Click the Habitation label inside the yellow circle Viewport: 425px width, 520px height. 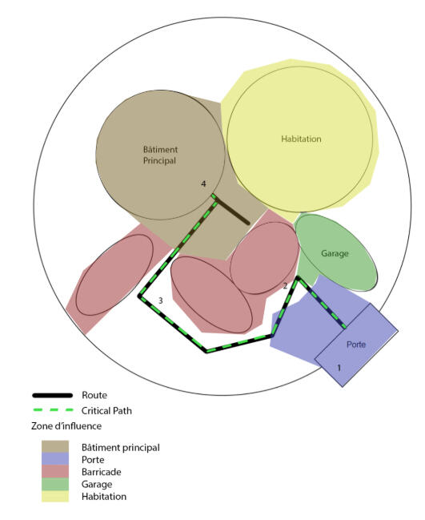click(x=301, y=139)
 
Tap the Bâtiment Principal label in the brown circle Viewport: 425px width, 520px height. click(x=160, y=155)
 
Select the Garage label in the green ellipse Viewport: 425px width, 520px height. click(x=335, y=254)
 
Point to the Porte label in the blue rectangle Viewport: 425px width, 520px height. click(x=356, y=345)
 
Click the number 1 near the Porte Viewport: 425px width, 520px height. click(x=339, y=368)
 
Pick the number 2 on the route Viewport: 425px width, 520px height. click(x=285, y=285)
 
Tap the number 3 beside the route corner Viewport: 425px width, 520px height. click(x=161, y=300)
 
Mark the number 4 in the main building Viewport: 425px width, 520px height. click(x=204, y=183)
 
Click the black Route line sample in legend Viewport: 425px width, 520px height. click(x=52, y=395)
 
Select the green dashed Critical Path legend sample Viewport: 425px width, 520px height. click(x=53, y=410)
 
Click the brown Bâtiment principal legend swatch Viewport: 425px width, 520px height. click(x=55, y=446)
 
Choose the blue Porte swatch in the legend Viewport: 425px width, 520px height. click(x=55, y=458)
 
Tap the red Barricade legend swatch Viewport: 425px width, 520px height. click(x=55, y=471)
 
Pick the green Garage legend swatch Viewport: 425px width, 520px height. click(x=55, y=484)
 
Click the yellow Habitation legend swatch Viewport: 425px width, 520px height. click(x=55, y=496)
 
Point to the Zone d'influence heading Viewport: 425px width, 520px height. click(x=66, y=425)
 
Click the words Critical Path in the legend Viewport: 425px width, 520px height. click(x=106, y=410)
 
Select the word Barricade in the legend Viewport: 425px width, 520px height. click(x=102, y=472)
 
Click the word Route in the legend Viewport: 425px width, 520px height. click(x=94, y=395)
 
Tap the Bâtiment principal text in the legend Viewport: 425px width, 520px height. click(x=121, y=448)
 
